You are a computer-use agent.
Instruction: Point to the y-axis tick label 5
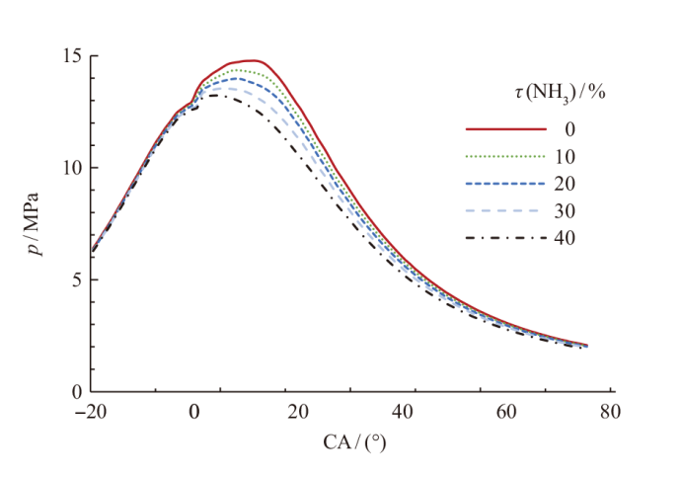click(x=77, y=279)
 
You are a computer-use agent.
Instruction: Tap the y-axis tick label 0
click(x=77, y=392)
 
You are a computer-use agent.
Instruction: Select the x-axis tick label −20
click(x=91, y=412)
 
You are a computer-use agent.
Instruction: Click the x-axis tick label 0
click(x=194, y=412)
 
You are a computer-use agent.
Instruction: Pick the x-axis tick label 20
click(x=299, y=412)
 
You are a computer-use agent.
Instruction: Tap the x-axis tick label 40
click(x=403, y=412)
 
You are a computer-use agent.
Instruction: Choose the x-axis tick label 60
click(x=506, y=412)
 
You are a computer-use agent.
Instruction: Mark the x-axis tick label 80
click(x=610, y=412)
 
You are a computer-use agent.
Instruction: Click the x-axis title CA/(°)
click(x=352, y=441)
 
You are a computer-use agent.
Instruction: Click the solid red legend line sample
click(x=506, y=128)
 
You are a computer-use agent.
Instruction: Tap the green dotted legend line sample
click(x=506, y=156)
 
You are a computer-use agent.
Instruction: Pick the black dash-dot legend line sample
click(x=506, y=238)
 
